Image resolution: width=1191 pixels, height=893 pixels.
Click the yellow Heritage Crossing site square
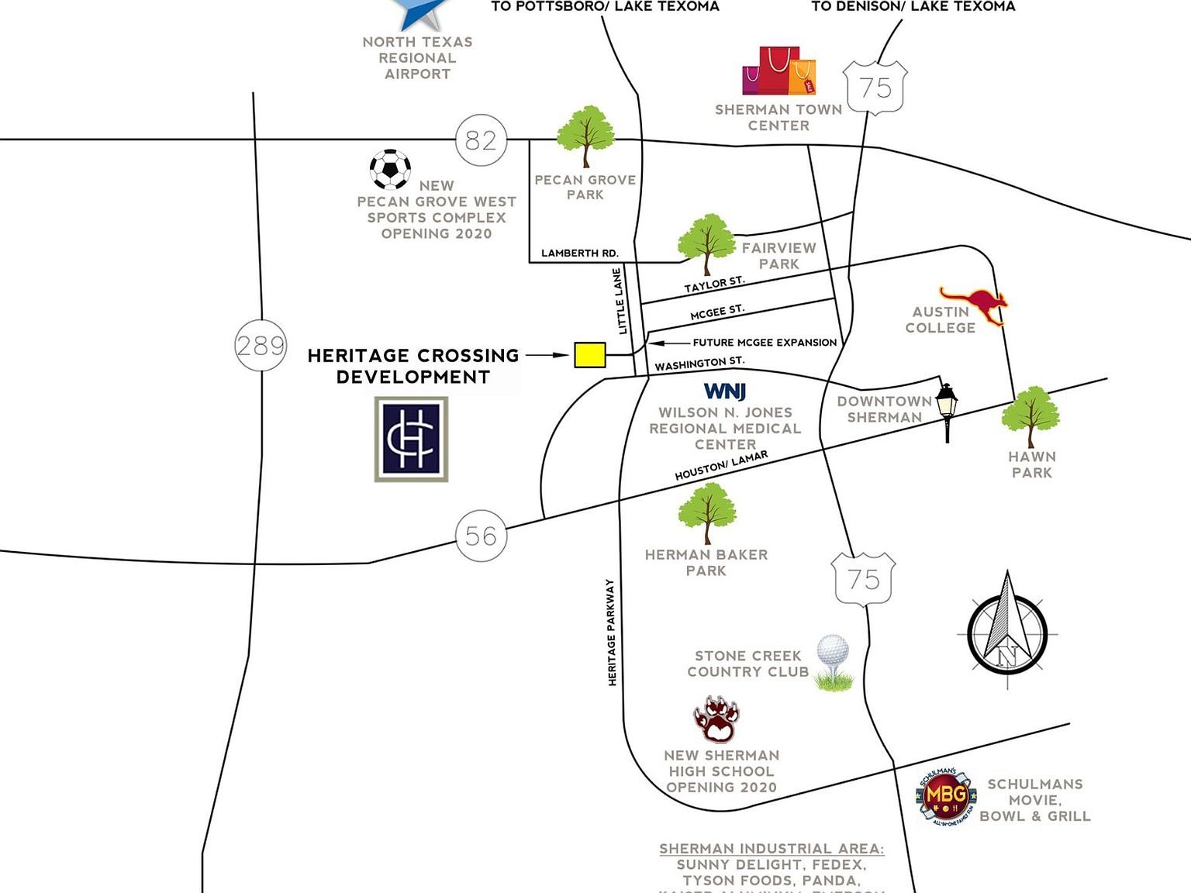pyautogui.click(x=589, y=355)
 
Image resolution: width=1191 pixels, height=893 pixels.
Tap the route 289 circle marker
pyautogui.click(x=261, y=345)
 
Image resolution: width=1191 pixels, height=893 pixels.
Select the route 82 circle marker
pyautogui.click(x=481, y=140)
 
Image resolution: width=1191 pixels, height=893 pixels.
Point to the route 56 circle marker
pyautogui.click(x=481, y=536)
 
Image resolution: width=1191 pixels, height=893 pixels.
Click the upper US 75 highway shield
pyautogui.click(x=875, y=88)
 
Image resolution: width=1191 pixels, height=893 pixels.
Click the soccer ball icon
pyautogui.click(x=390, y=169)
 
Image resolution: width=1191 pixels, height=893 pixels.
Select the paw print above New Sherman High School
pyautogui.click(x=716, y=719)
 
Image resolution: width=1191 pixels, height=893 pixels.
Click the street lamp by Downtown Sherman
pyautogui.click(x=947, y=411)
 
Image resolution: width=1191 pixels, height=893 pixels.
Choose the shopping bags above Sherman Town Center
pyautogui.click(x=778, y=71)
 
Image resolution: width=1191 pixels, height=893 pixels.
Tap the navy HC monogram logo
pyautogui.click(x=411, y=439)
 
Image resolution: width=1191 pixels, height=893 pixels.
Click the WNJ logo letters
pyautogui.click(x=724, y=391)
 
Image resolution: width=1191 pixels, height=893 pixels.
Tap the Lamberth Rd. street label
pyautogui.click(x=579, y=253)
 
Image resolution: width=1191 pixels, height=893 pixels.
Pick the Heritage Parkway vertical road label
pyautogui.click(x=612, y=633)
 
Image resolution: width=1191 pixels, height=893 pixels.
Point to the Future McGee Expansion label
pyautogui.click(x=764, y=342)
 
